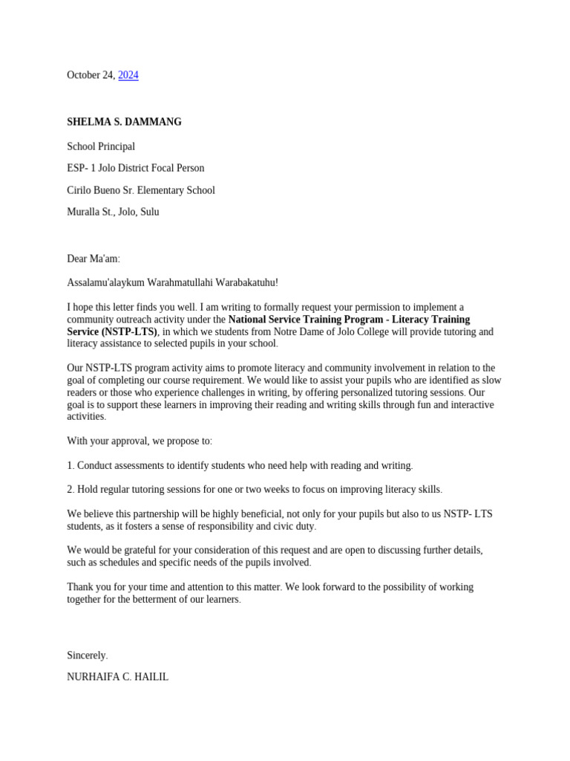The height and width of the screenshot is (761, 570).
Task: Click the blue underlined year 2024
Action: point(128,75)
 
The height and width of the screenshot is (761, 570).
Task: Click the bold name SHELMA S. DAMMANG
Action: point(124,122)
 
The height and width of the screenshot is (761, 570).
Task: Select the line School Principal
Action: point(101,146)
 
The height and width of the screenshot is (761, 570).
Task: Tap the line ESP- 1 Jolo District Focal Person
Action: point(135,168)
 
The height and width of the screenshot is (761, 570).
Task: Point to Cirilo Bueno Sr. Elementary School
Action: point(141,190)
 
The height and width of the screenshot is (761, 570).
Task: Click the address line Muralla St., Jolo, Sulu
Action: point(113,212)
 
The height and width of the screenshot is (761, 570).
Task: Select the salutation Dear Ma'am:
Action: point(94,259)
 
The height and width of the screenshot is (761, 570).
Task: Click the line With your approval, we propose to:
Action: point(140,441)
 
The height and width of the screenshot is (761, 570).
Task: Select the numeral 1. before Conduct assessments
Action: point(71,465)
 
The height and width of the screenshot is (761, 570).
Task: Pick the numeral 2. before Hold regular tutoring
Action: point(71,489)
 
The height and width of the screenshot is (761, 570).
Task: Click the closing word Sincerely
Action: point(87,655)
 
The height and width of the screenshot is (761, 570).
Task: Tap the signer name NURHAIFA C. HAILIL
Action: point(117,677)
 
